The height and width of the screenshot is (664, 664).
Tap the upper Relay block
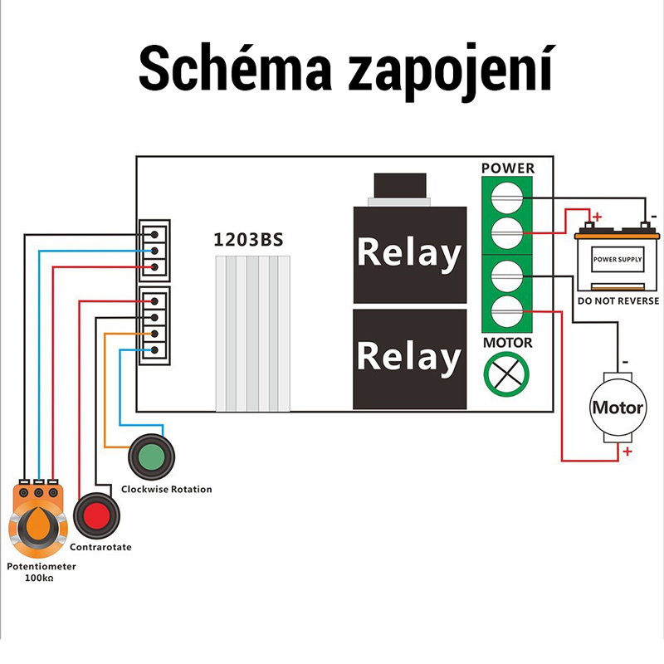(x=408, y=253)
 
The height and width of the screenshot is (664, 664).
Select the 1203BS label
(x=249, y=241)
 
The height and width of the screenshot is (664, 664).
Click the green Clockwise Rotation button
(x=151, y=456)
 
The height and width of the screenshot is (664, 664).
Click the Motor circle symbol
(x=617, y=408)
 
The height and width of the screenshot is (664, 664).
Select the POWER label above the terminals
(x=508, y=168)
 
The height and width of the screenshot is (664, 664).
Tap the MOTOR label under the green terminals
(x=508, y=343)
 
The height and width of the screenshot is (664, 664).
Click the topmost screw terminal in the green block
(x=508, y=198)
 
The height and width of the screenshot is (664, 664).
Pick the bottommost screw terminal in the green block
(x=508, y=312)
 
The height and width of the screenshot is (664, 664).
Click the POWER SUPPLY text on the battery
(x=617, y=260)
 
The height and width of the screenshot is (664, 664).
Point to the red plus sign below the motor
(x=627, y=452)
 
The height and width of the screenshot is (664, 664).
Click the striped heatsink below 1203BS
(x=252, y=332)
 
